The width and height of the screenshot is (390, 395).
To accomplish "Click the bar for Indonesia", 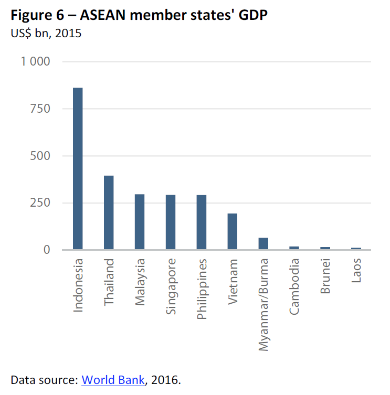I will coord(78,168).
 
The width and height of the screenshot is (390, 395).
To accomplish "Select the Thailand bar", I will coord(109,212).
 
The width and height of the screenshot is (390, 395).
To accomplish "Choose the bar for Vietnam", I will coord(233,231).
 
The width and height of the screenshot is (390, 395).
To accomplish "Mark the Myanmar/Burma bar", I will coord(263,244).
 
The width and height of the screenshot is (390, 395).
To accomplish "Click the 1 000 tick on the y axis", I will coord(36,62).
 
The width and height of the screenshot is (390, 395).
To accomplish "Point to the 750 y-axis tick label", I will coord(40,109).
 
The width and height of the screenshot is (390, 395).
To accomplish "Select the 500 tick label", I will coord(40,156).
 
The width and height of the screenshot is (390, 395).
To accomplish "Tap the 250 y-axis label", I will coord(40,203).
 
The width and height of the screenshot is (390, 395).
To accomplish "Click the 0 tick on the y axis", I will coord(46,250).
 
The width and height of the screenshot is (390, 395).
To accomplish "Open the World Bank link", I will coord(113,380).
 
